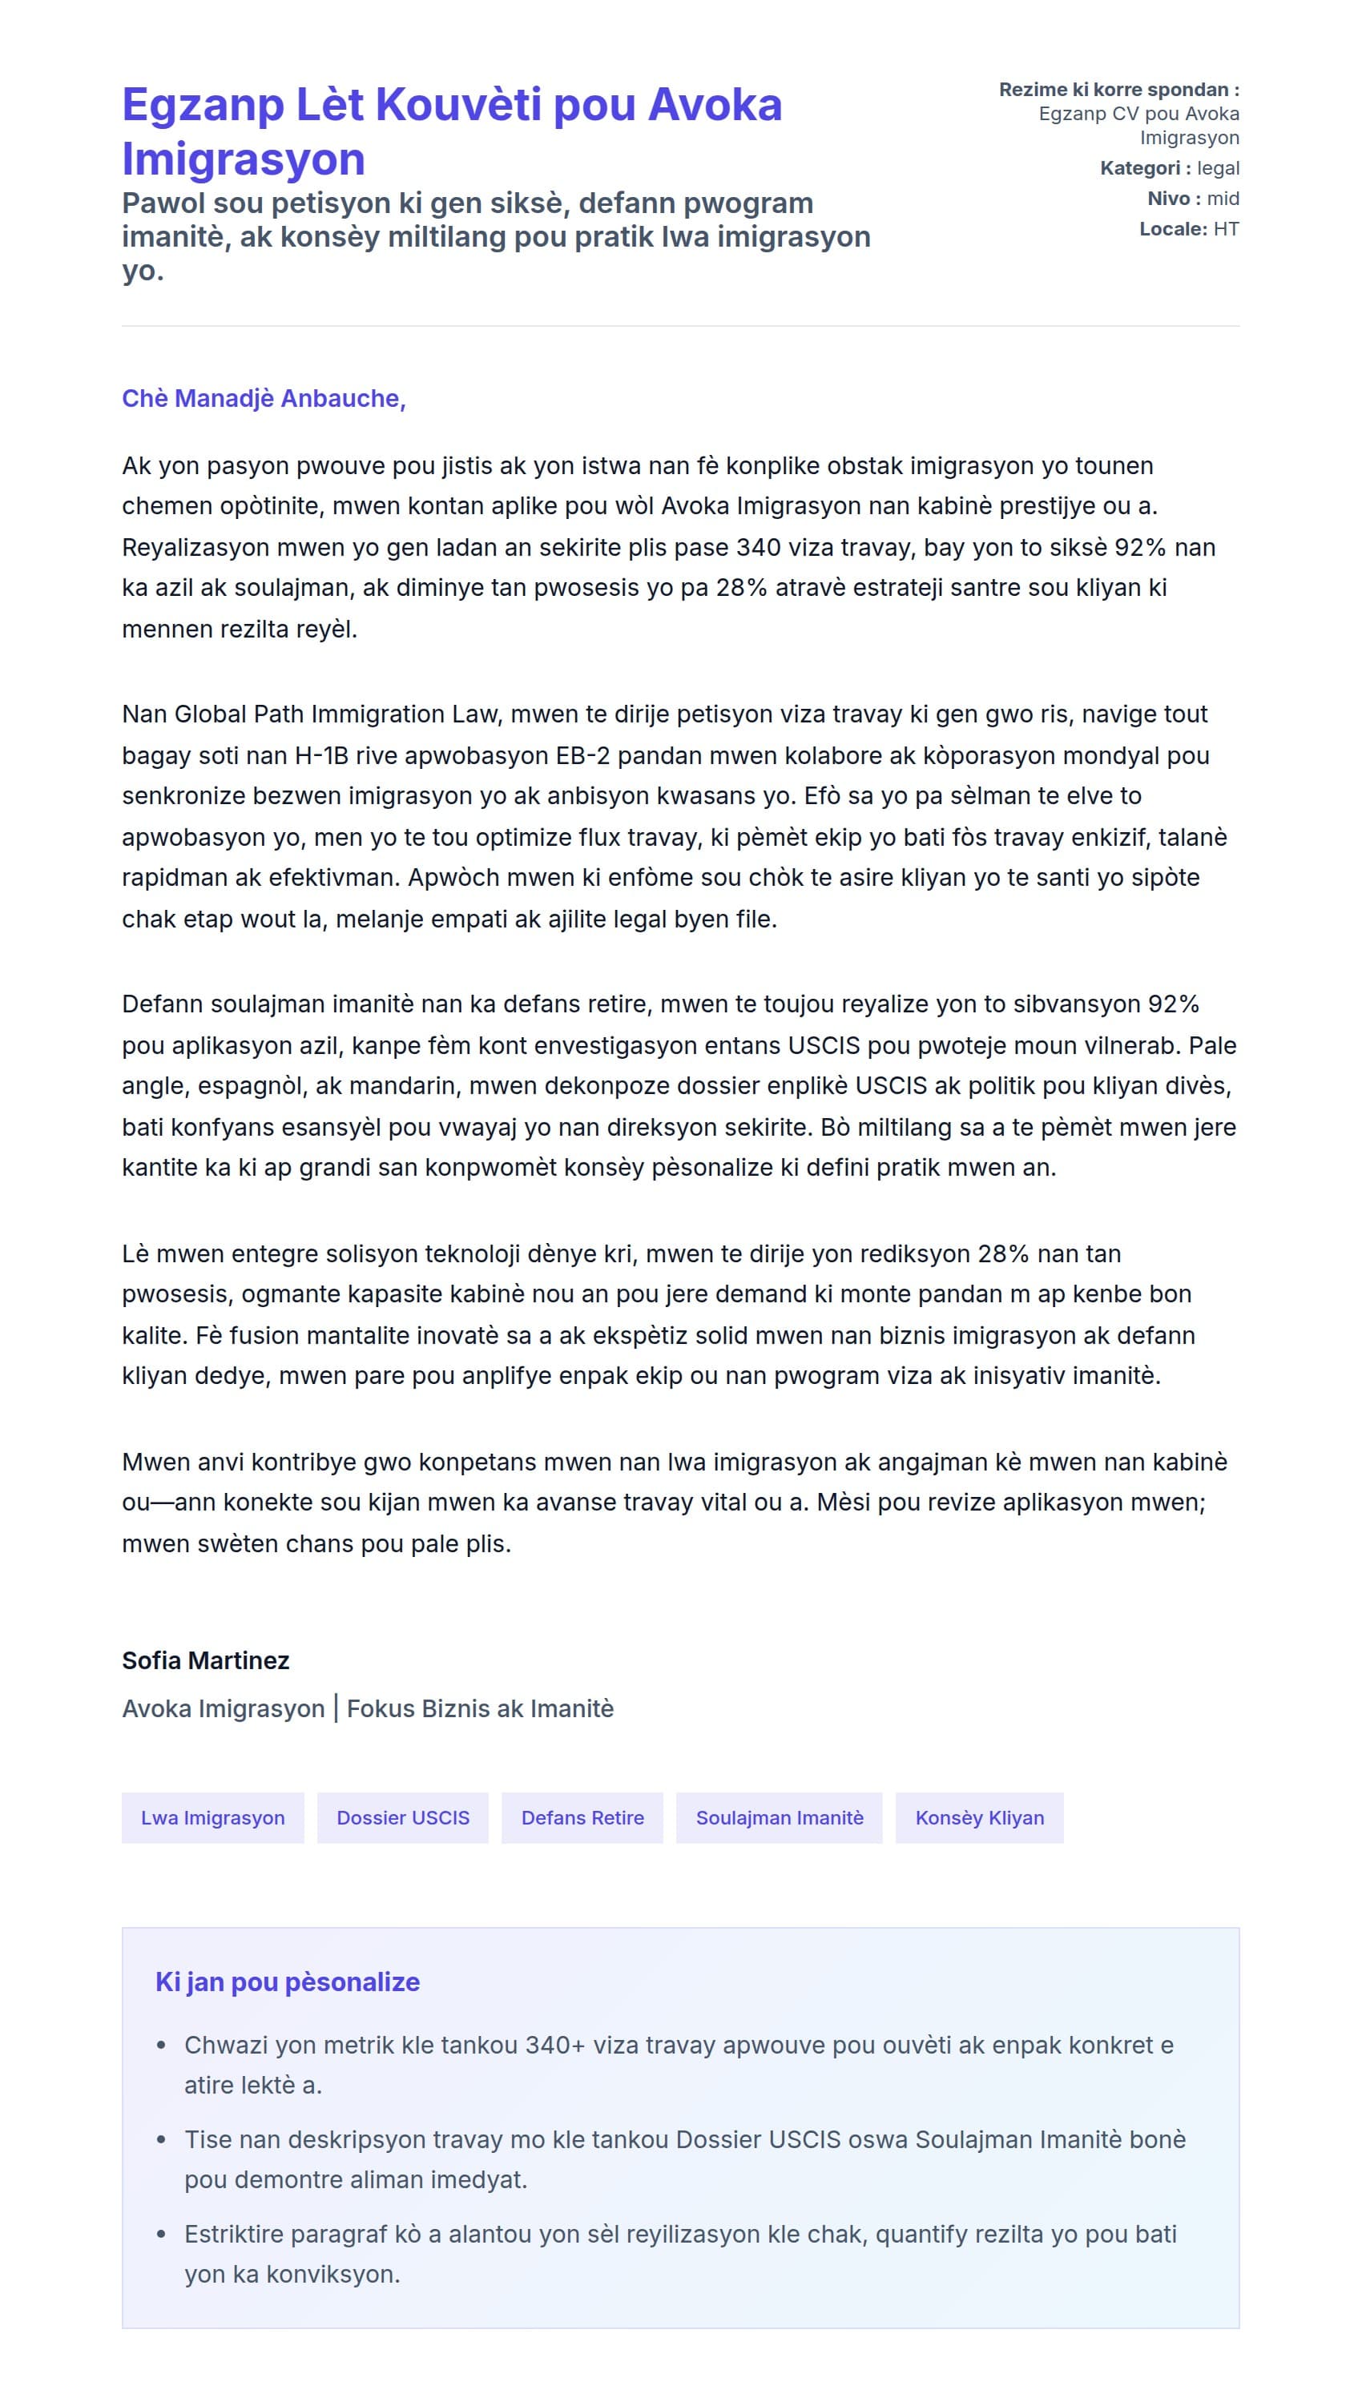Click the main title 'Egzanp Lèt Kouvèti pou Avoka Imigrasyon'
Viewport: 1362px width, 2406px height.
click(452, 131)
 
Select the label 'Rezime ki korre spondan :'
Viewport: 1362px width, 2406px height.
click(1118, 90)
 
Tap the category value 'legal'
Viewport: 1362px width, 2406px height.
click(1218, 168)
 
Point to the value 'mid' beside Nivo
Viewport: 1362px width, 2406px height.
click(1223, 199)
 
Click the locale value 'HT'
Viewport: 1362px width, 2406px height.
click(1226, 229)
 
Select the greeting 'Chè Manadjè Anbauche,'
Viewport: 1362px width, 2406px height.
click(264, 398)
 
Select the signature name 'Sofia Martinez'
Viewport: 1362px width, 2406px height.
click(206, 1660)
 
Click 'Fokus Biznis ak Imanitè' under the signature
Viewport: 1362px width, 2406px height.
click(480, 1709)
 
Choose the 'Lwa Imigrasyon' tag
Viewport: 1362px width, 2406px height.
click(212, 1819)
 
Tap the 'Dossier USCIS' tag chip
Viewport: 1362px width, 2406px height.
click(402, 1819)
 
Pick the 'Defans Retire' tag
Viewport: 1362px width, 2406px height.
click(582, 1819)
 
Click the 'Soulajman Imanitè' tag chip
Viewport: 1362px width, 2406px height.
click(780, 1819)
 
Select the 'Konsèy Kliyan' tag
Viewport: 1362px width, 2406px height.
click(979, 1819)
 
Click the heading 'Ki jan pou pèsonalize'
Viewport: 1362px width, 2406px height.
click(287, 1982)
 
